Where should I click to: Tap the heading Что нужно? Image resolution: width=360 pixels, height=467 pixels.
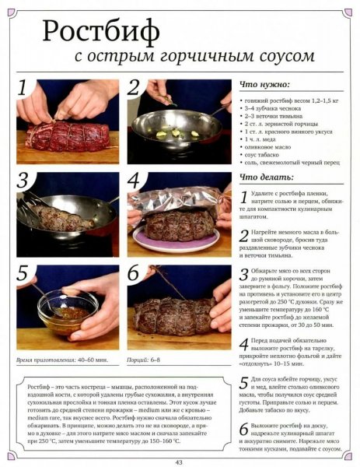tap(264, 85)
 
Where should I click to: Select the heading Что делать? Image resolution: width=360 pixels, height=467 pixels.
tap(267, 177)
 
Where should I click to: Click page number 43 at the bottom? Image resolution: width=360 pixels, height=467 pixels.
tap(179, 462)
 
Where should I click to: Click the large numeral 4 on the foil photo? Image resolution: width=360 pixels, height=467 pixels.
tap(134, 181)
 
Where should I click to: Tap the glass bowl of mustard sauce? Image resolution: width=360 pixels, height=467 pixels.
tap(68, 312)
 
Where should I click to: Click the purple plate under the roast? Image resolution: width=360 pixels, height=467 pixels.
tap(177, 240)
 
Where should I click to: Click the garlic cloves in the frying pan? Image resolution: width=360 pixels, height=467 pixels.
tap(177, 133)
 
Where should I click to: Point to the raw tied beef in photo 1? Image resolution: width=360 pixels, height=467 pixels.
tap(68, 136)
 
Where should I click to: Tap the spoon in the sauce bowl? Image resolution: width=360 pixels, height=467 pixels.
tap(47, 300)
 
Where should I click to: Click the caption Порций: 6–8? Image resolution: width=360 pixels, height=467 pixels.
tap(143, 360)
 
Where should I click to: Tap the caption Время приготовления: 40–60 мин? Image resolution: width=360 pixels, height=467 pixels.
tap(62, 360)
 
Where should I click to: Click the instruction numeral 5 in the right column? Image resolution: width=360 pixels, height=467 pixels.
tap(244, 383)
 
